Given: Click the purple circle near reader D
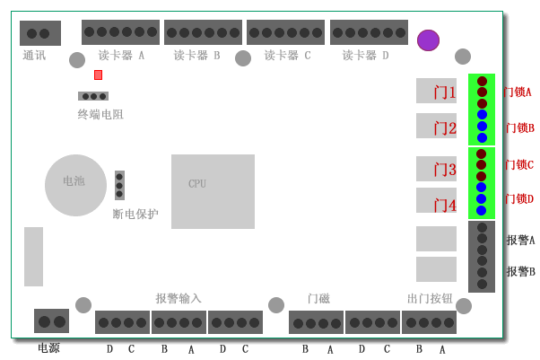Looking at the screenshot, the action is pyautogui.click(x=428, y=40).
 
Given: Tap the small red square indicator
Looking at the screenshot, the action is pyautogui.click(x=98, y=75).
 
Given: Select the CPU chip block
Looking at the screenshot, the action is pyautogui.click(x=213, y=191).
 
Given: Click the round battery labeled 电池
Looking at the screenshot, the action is pyautogui.click(x=75, y=185).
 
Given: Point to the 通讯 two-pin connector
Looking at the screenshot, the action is pyautogui.click(x=40, y=33).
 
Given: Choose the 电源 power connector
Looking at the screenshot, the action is pyautogui.click(x=52, y=321).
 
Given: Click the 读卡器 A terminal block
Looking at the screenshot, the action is pyautogui.click(x=120, y=32).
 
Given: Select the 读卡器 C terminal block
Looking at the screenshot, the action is pyautogui.click(x=285, y=32).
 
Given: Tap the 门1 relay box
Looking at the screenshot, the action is pyautogui.click(x=436, y=91).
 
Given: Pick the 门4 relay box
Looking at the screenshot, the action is pyautogui.click(x=436, y=200).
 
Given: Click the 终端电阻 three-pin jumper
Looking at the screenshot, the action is pyautogui.click(x=93, y=96).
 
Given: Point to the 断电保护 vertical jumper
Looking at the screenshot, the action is pyautogui.click(x=119, y=185).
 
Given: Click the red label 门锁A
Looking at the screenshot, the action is pyautogui.click(x=518, y=92).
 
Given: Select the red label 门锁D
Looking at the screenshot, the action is pyautogui.click(x=519, y=199).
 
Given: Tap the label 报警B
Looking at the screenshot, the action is pyautogui.click(x=520, y=271).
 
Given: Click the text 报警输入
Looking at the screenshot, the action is pyautogui.click(x=179, y=298).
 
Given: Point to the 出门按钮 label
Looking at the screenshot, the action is pyautogui.click(x=430, y=298).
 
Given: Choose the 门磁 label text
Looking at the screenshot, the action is pyautogui.click(x=319, y=298).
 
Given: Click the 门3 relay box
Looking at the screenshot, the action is pyautogui.click(x=436, y=169).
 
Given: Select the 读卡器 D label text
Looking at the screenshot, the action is pyautogui.click(x=365, y=55).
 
